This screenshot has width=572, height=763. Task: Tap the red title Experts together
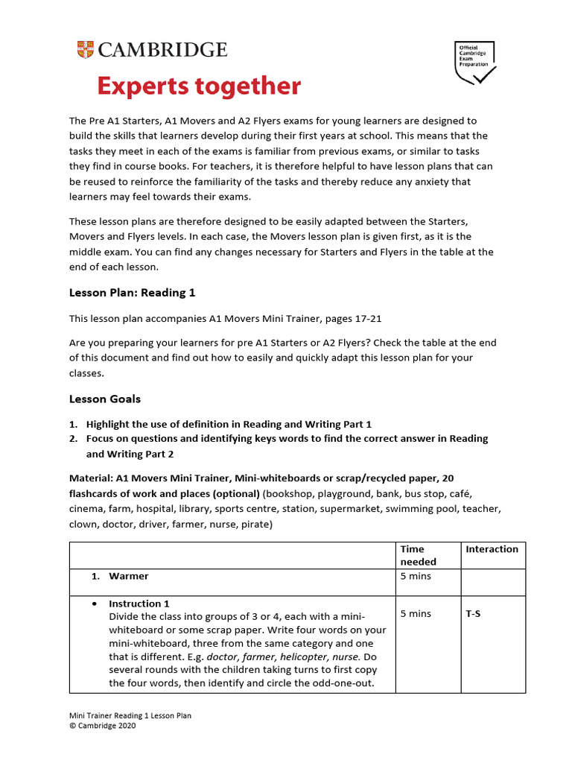tap(199, 86)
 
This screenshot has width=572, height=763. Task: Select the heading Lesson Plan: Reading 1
tap(132, 293)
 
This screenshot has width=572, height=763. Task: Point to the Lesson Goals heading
tap(105, 399)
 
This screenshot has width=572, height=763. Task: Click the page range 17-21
tap(364, 318)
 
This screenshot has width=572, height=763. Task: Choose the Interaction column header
tap(492, 549)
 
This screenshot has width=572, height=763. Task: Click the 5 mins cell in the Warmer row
tap(416, 576)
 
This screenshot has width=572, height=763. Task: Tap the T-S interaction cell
tap(473, 614)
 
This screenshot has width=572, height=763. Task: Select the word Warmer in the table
tap(129, 576)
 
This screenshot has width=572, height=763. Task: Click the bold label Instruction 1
tap(139, 604)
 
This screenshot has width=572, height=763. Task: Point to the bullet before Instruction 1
tap(86, 604)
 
